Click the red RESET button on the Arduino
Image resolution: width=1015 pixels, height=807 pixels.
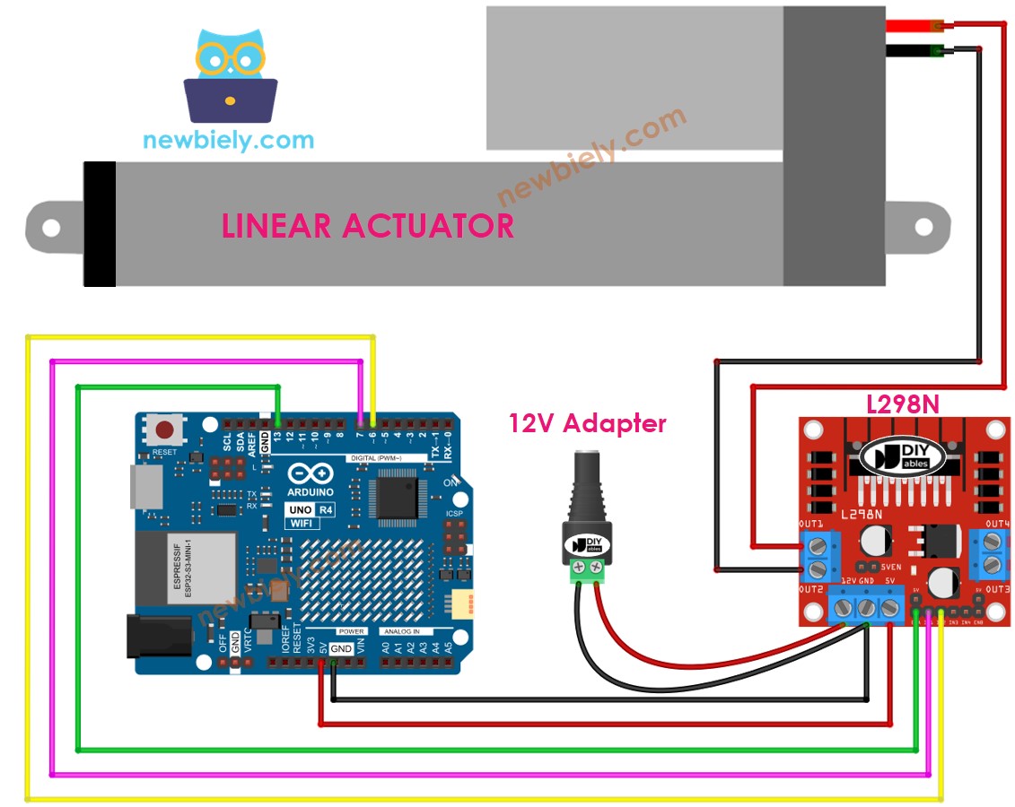165,429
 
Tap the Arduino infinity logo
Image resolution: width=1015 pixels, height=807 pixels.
311,474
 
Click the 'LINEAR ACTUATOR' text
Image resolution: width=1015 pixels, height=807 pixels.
368,225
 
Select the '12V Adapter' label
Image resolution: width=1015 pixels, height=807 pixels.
588,422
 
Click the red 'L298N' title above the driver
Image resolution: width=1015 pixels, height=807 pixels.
903,404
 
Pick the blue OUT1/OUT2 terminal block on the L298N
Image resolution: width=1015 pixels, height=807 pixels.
819,555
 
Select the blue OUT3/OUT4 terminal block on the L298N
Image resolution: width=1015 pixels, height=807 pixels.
991,552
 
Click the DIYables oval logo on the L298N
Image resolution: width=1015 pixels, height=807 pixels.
903,457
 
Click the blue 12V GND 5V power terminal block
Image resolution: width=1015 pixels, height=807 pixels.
866,607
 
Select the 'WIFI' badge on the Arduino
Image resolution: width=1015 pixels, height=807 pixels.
303,523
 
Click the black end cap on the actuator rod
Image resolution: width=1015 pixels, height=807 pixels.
100,224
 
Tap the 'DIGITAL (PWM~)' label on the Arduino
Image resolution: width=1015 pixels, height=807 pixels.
374,458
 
